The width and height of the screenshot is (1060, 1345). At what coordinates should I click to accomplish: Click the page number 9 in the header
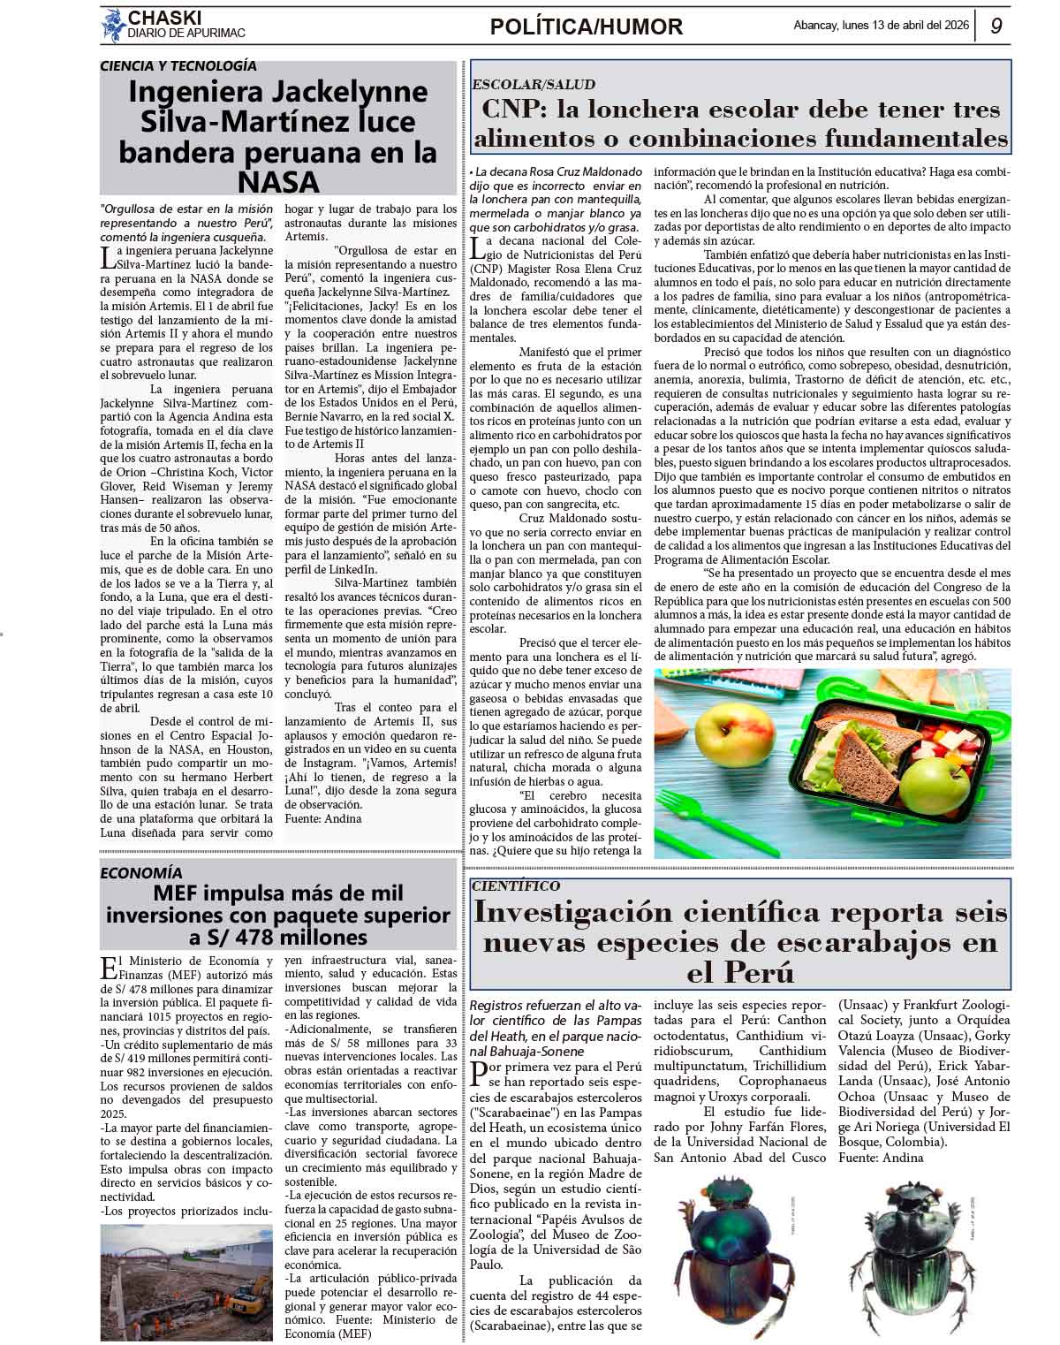click(996, 27)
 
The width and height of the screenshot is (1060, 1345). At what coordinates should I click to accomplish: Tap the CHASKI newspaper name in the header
click(165, 18)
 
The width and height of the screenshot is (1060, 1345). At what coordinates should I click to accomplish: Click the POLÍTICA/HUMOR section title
click(587, 27)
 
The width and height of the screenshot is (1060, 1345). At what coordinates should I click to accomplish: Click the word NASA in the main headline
click(278, 182)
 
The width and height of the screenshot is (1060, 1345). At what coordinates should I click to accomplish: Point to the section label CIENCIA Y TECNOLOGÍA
click(178, 65)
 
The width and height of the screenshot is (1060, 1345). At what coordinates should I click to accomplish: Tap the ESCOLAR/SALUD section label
click(534, 85)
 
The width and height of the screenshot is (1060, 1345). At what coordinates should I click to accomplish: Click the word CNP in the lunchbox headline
click(515, 110)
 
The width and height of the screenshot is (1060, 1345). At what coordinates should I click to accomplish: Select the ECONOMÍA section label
click(141, 873)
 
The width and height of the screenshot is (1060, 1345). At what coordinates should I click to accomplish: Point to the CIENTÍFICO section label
click(516, 885)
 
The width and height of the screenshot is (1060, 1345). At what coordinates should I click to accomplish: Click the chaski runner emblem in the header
click(112, 25)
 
